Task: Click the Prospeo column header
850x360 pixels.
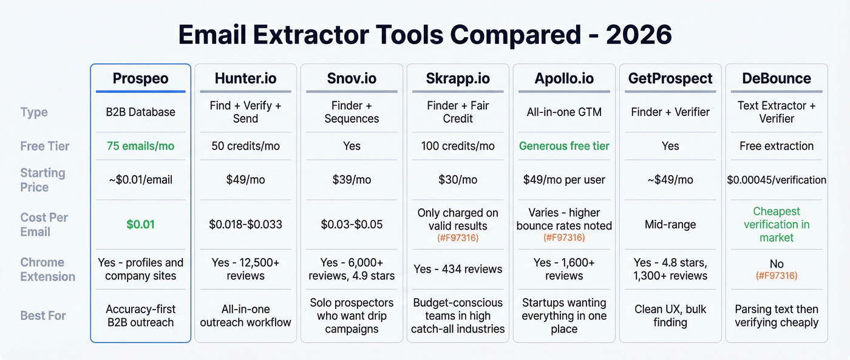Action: click(140, 78)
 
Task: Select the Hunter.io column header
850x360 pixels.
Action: click(245, 78)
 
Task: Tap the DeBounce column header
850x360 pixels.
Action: click(777, 78)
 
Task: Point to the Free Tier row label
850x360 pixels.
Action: click(45, 146)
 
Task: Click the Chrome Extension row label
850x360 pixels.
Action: click(48, 270)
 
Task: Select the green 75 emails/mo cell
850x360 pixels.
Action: click(140, 146)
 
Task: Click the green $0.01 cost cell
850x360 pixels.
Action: click(140, 225)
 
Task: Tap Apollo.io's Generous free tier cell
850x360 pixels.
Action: click(564, 146)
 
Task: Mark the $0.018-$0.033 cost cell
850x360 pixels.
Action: click(245, 225)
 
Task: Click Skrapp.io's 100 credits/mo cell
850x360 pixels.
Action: click(458, 146)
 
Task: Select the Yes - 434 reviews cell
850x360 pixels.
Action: click(458, 269)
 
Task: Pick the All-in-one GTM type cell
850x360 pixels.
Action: click(564, 112)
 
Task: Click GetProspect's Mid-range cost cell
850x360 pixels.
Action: click(670, 225)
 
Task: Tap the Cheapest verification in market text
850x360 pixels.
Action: click(777, 224)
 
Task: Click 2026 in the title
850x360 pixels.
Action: click(639, 35)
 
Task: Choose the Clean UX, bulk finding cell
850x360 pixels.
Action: click(670, 316)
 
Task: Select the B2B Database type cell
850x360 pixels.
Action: click(140, 112)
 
